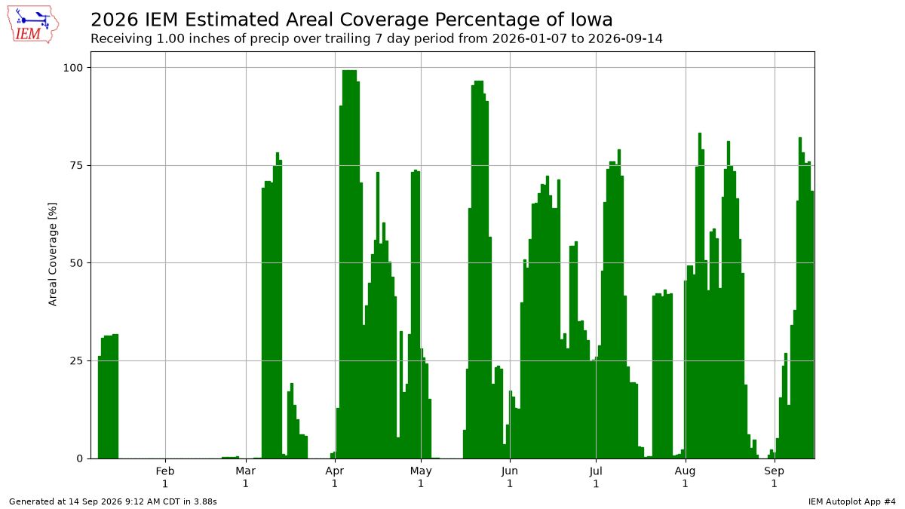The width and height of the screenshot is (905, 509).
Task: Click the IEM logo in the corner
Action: point(33,25)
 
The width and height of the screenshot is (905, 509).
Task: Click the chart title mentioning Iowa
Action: point(351,20)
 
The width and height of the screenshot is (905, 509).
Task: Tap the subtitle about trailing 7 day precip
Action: point(376,38)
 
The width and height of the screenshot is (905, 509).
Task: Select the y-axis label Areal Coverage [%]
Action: point(53,255)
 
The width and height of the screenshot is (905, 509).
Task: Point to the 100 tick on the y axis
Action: point(72,68)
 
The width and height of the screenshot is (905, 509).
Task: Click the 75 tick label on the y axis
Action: point(76,166)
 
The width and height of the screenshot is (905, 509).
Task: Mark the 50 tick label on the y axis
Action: point(76,263)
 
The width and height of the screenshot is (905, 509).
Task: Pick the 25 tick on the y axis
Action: point(76,360)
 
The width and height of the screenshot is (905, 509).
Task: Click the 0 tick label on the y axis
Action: point(80,458)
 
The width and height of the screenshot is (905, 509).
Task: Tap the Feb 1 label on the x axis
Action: point(165,477)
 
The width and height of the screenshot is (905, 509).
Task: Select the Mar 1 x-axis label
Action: point(246,477)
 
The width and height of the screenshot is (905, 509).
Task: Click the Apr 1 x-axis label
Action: point(335,477)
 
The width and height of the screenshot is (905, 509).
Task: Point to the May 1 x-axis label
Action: point(421,477)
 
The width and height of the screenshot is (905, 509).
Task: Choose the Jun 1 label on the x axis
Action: point(510,477)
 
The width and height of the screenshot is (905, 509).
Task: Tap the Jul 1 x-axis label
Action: point(596,477)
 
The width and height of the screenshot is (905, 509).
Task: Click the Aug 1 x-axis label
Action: point(686,477)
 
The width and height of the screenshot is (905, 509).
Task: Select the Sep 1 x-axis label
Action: point(774,477)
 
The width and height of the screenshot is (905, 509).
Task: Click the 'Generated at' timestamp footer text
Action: point(112,501)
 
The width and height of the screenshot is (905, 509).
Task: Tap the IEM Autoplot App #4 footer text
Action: point(851,501)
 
